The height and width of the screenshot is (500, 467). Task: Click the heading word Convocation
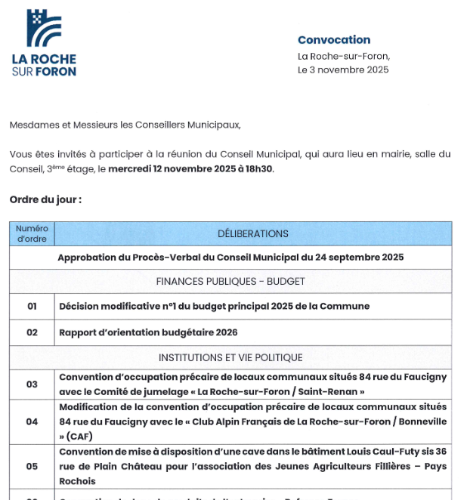(334, 40)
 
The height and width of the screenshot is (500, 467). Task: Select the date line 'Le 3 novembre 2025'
(343, 69)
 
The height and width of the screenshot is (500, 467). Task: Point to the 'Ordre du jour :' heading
(45, 200)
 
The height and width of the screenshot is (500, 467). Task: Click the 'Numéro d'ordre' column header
(32, 233)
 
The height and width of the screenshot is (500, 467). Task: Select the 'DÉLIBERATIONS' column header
(252, 233)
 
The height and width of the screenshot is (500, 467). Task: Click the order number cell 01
(32, 307)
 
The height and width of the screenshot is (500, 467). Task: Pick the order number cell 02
(32, 332)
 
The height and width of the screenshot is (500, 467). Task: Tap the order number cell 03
(32, 384)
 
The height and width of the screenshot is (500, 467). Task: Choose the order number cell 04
(32, 421)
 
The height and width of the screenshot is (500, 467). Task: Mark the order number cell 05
(32, 466)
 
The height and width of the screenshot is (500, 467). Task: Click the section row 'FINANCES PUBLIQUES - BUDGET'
(230, 282)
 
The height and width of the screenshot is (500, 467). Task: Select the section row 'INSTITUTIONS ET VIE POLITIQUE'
(230, 357)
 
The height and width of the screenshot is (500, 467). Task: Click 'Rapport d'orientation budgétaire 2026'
(148, 332)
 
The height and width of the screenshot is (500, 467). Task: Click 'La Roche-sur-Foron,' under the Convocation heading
(344, 56)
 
